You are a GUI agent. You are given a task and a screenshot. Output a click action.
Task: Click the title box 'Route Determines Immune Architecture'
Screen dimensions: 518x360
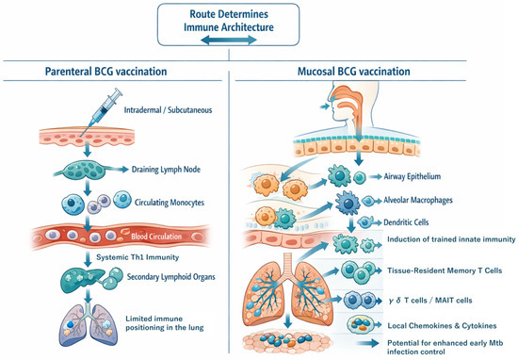[x=228, y=25]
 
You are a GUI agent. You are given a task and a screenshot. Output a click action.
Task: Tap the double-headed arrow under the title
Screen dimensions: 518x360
[x=228, y=40]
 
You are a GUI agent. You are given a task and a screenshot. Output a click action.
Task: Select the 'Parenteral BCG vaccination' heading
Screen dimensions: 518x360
[x=105, y=72]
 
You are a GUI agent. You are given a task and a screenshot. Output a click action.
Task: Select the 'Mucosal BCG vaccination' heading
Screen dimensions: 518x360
[x=354, y=72]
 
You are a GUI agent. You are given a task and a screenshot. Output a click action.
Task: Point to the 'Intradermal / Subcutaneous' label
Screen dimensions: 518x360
[x=168, y=110]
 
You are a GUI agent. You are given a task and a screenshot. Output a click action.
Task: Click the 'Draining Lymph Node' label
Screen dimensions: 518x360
[x=166, y=170]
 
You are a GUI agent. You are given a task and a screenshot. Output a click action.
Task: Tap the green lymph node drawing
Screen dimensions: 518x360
[x=85, y=171]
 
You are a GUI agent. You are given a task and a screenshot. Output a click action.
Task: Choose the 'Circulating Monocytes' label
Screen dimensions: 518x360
[x=170, y=203]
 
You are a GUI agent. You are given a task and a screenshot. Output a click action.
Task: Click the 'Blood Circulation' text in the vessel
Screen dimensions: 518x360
[x=156, y=237]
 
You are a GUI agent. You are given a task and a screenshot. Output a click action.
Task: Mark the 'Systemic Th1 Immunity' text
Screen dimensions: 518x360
[x=138, y=257]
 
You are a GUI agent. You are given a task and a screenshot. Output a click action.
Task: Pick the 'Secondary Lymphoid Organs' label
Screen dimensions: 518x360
[x=170, y=277]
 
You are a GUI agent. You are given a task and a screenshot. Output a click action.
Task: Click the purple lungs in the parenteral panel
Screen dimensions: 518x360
[x=89, y=324]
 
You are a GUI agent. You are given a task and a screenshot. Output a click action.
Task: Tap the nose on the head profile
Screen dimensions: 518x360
[x=330, y=98]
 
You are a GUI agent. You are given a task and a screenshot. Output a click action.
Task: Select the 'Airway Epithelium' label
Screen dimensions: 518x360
[x=412, y=176]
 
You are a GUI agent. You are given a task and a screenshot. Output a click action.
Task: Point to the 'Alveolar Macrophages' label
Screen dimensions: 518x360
[x=417, y=200]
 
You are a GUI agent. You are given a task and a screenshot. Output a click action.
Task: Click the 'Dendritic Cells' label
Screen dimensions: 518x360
[x=406, y=222]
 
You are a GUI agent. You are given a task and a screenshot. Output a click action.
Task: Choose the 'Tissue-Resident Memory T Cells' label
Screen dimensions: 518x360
[x=445, y=270]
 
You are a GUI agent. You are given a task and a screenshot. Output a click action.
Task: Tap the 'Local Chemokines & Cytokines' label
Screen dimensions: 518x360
[x=442, y=326]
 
